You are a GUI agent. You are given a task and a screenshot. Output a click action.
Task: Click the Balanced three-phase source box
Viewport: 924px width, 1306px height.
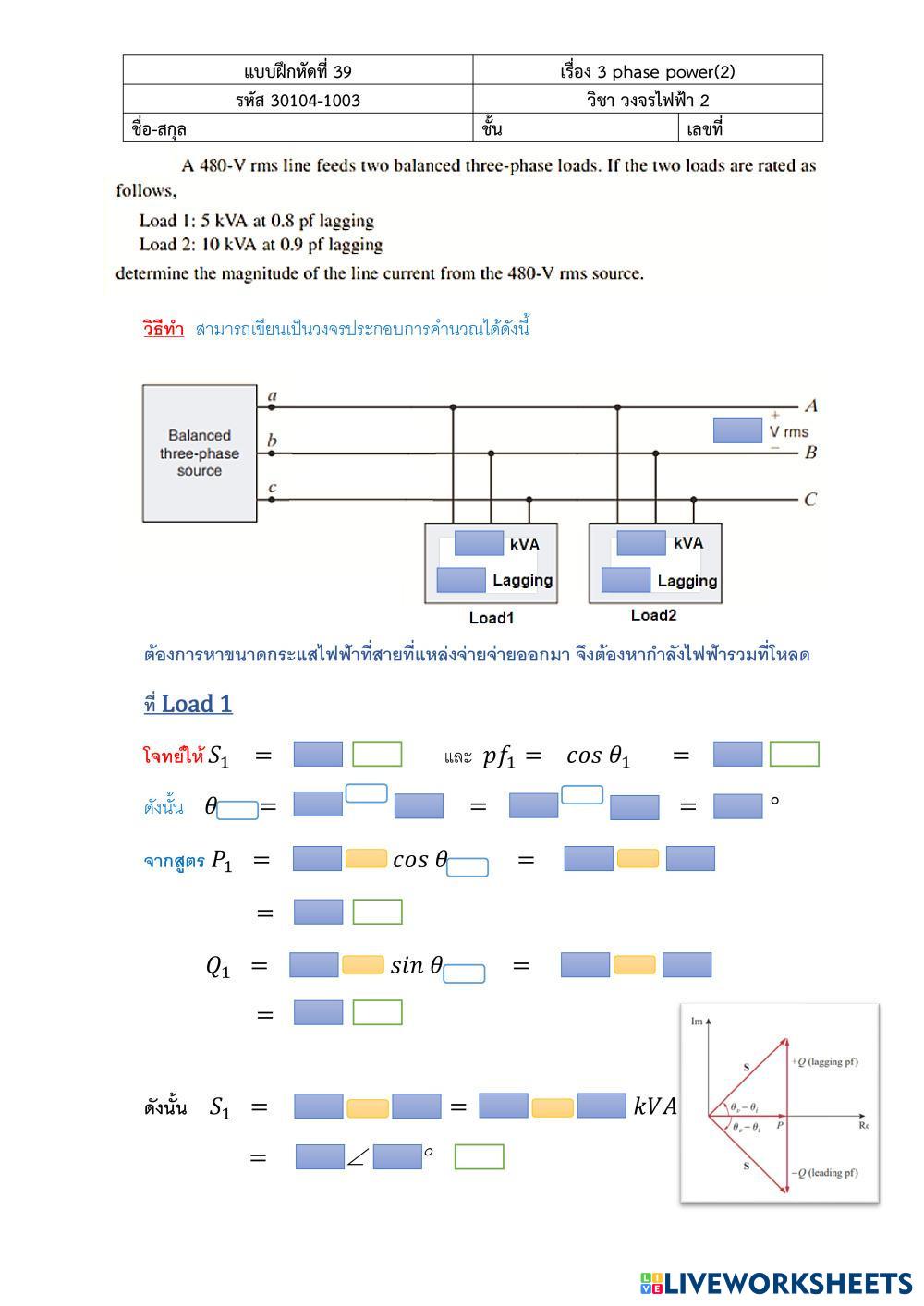(200, 453)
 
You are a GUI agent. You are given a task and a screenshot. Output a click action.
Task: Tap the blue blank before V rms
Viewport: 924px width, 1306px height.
(737, 430)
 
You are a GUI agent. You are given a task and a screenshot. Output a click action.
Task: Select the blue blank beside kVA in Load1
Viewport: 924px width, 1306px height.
(479, 543)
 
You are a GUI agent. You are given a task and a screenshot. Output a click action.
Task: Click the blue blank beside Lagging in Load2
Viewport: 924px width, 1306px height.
(626, 580)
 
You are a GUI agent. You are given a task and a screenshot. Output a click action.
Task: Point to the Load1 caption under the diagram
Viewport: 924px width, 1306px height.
(491, 618)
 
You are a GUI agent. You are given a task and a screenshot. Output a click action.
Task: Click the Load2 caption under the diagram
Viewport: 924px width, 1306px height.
(653, 615)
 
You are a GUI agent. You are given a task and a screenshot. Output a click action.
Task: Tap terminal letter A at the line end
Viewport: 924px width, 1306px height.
(810, 405)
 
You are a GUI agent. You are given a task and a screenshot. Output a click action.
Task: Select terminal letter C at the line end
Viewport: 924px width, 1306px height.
(810, 500)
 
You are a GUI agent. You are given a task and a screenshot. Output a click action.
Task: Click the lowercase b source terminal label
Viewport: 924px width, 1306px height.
(272, 441)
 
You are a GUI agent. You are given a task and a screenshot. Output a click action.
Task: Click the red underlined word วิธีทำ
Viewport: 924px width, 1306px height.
(164, 329)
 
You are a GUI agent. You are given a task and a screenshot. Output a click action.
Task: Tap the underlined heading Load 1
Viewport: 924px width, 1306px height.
(196, 704)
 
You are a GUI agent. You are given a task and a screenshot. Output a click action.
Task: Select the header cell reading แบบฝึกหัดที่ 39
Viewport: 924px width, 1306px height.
(298, 71)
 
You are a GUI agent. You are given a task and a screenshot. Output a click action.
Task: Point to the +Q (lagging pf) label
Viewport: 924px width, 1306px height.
(824, 1061)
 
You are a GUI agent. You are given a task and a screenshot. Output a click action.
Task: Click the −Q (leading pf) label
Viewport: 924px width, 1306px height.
(824, 1173)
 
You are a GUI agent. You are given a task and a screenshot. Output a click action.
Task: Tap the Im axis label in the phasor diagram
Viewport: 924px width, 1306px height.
(697, 1021)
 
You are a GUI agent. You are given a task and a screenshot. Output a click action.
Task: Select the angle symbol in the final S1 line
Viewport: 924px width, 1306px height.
(358, 1157)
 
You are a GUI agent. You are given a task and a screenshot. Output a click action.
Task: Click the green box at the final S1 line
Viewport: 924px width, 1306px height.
(479, 1157)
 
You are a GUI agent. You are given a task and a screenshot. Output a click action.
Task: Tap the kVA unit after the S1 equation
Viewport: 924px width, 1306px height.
(654, 1106)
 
